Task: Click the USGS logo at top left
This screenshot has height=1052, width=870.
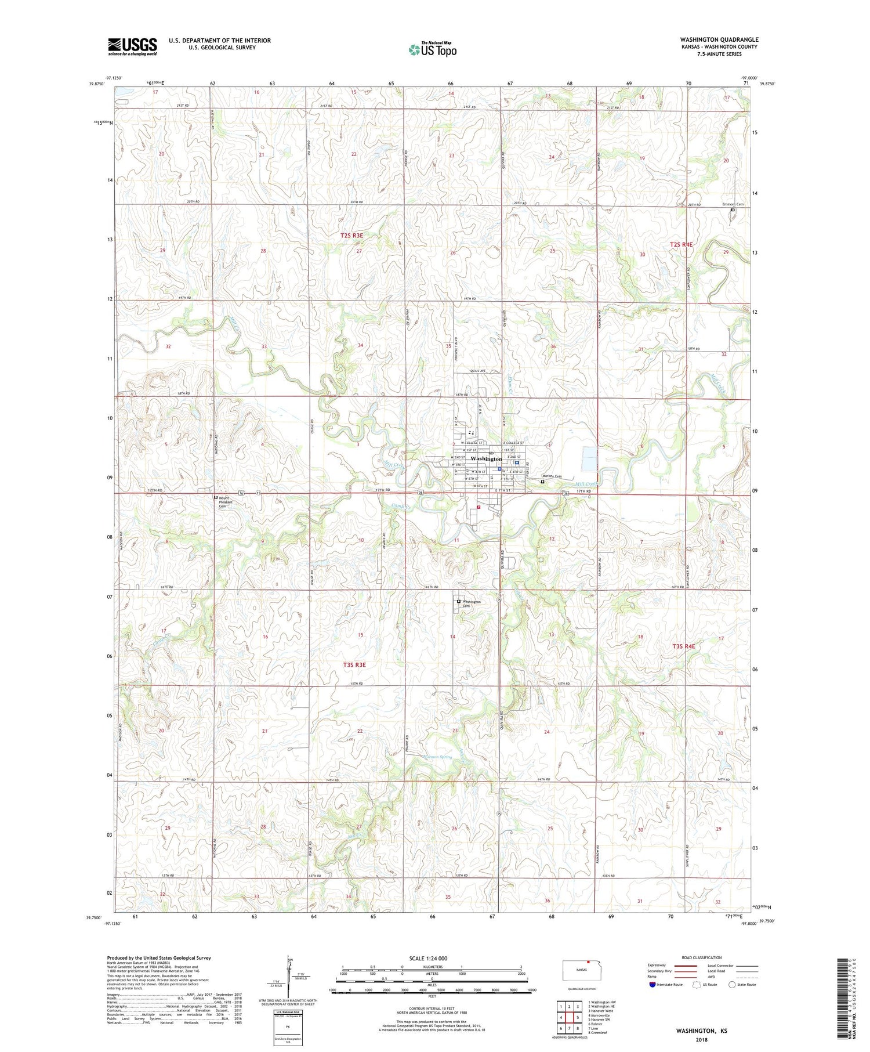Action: pyautogui.click(x=132, y=46)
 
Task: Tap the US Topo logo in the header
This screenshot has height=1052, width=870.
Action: pyautogui.click(x=432, y=50)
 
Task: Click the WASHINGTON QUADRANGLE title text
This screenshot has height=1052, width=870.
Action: pyautogui.click(x=719, y=39)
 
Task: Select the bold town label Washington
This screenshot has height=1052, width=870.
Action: pyautogui.click(x=486, y=459)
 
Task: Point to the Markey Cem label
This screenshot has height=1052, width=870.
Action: pyautogui.click(x=552, y=476)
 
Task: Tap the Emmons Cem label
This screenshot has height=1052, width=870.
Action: pyautogui.click(x=733, y=204)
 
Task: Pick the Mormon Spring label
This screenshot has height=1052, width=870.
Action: pyautogui.click(x=438, y=757)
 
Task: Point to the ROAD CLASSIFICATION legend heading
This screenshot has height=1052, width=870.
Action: pyautogui.click(x=702, y=957)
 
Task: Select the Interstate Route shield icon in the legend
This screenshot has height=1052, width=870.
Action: pyautogui.click(x=652, y=984)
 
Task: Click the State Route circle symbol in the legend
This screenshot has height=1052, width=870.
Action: pyautogui.click(x=732, y=984)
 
